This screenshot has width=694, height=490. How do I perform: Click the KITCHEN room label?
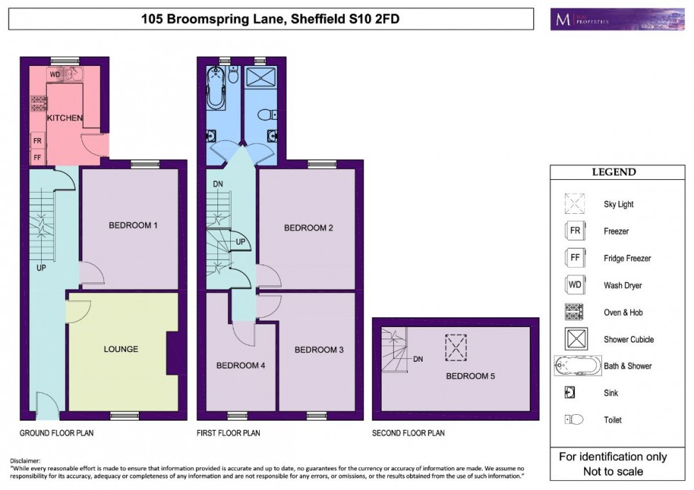click(65, 118)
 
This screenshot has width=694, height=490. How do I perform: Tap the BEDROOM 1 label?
click(132, 226)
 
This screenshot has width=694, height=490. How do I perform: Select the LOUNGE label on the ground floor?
click(120, 349)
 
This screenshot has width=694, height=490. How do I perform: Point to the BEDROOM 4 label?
click(241, 365)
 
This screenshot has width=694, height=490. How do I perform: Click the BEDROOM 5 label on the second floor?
click(470, 376)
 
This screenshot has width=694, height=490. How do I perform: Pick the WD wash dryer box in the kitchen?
click(55, 74)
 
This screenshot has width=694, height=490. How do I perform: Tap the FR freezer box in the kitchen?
click(37, 141)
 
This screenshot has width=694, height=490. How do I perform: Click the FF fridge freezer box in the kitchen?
click(37, 156)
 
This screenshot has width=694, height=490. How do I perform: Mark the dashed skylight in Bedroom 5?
click(456, 346)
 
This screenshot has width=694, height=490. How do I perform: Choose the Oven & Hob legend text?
click(623, 312)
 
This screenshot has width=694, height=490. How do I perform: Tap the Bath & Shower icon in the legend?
click(575, 366)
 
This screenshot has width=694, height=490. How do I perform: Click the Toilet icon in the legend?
click(575, 420)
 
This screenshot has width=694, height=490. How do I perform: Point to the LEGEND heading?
click(613, 172)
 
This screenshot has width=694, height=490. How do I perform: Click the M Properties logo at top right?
click(598, 19)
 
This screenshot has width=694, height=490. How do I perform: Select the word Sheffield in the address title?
click(315, 19)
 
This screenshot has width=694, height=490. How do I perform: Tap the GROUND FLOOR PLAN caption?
click(57, 433)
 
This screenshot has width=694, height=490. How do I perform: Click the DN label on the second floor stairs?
click(418, 360)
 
